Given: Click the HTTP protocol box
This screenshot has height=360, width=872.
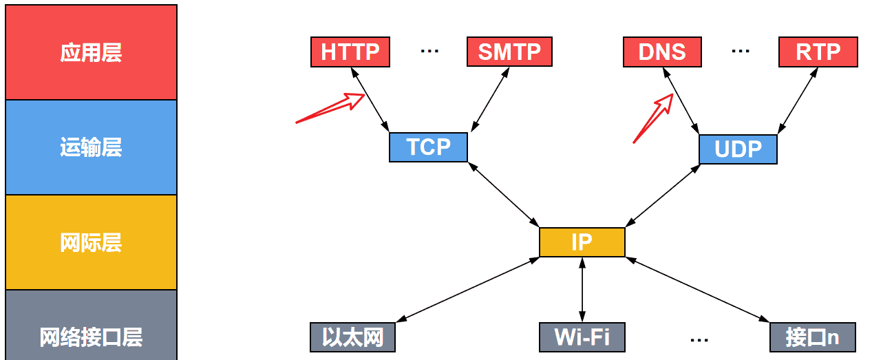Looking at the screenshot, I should coord(350,52).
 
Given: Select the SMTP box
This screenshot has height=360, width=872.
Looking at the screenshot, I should coord(509,52).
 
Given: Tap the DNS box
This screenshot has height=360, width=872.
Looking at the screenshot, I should coord(662,52).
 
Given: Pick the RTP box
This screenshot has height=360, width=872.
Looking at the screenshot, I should coord(818,52).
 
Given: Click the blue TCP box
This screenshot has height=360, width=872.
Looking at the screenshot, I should coord(428,147).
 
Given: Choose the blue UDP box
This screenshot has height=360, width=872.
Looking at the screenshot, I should coord(738,149).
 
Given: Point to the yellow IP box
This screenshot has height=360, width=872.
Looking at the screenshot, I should coord(582,242).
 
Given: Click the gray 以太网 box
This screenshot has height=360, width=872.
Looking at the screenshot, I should coord(352,337).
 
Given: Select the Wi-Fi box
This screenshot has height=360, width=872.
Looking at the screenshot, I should coord(582,337).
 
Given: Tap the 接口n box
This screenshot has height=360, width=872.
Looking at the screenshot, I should coord(813,337).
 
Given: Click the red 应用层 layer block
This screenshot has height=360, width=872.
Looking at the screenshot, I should coord(91,52).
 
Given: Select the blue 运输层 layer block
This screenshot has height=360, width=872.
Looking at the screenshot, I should coord(91,147).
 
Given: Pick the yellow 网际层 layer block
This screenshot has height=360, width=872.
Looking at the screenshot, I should coord(91,242).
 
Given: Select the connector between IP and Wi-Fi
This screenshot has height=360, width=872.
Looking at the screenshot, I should coord(582,289).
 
